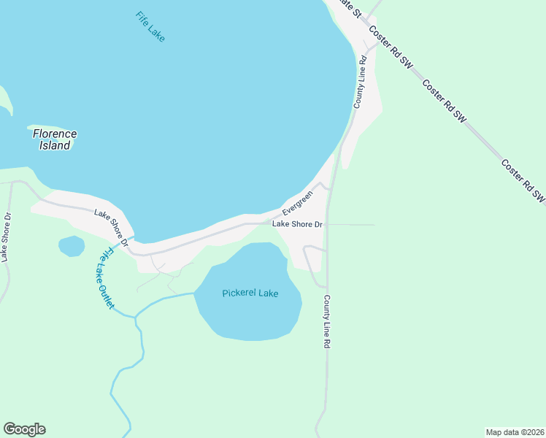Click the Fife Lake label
pos(150,26)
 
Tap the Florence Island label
pos(55,139)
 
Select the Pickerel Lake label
pos(250,293)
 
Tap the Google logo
pos(24,429)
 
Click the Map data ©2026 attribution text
pos(515,431)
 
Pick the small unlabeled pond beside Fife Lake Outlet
pos(72,246)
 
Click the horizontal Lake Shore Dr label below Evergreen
pos(297,224)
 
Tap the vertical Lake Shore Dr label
pos(6,237)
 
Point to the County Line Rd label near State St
pos(359,82)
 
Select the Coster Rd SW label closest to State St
pos(391,47)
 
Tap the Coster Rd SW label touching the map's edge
pos(523,180)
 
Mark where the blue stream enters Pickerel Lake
pos(195,293)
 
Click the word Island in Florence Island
pos(55,145)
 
